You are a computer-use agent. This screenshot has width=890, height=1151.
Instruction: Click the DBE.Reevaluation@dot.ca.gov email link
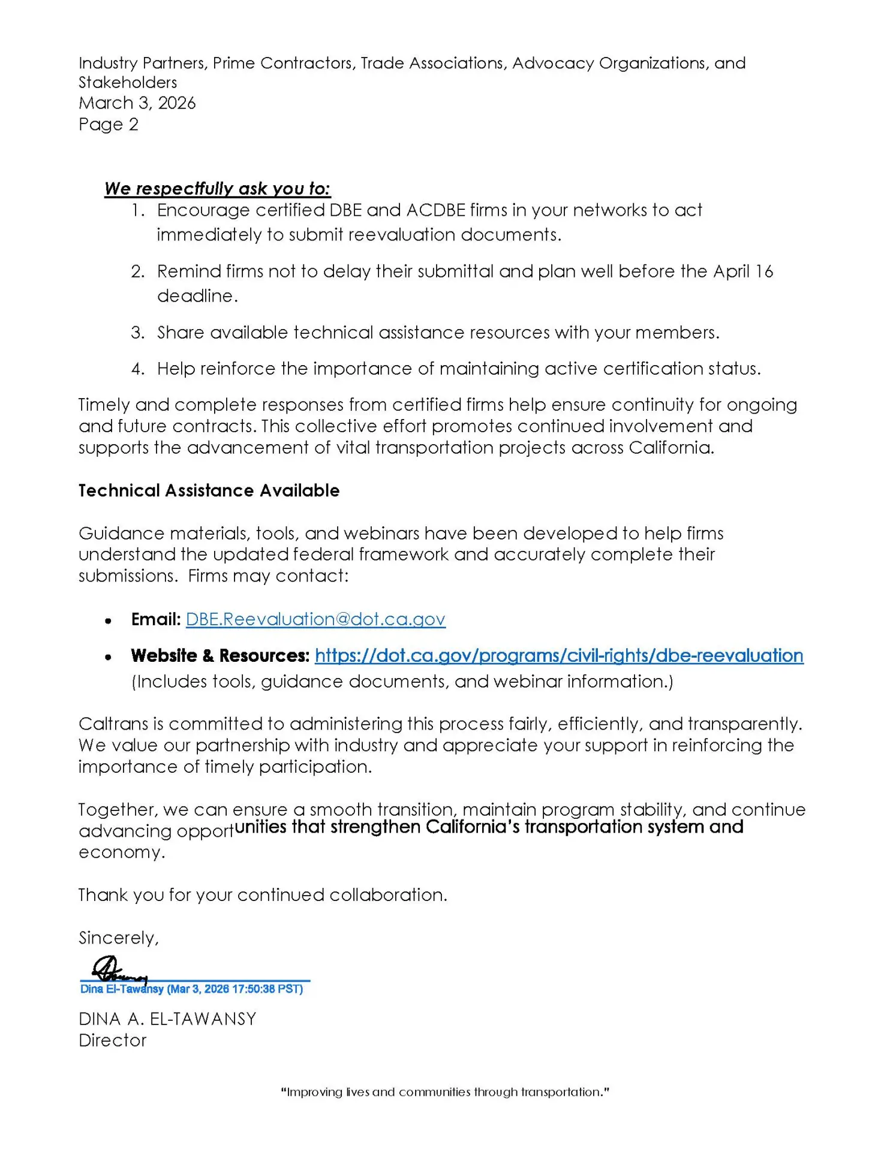pos(315,619)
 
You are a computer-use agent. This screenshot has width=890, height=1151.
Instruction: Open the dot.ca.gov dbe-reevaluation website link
pos(558,656)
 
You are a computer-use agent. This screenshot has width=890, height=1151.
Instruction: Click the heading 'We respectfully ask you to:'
pos(217,189)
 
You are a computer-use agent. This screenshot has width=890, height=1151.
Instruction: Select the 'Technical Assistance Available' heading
pos(209,491)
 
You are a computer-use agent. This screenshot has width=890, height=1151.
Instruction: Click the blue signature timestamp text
pos(192,989)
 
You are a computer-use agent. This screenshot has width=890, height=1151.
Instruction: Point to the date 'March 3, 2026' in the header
pos(137,103)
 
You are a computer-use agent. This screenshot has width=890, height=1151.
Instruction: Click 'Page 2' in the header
pos(109,125)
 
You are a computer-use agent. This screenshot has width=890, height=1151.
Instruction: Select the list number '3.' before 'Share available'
pos(138,333)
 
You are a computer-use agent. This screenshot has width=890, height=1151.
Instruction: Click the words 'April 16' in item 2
pos(743,272)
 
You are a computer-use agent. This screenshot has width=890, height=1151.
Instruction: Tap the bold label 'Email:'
pos(156,619)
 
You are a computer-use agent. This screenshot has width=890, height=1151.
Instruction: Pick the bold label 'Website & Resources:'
pos(220,656)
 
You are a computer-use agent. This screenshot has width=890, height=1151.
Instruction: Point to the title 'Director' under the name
pos(113,1041)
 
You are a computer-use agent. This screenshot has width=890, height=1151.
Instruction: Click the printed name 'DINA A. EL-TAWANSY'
pos(167,1019)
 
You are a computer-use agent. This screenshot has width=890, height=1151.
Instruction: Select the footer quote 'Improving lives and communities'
pos(445,1092)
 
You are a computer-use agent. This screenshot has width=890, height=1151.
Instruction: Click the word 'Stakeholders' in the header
pos(128,83)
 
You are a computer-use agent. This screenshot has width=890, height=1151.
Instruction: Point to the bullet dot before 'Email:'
pos(108,621)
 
